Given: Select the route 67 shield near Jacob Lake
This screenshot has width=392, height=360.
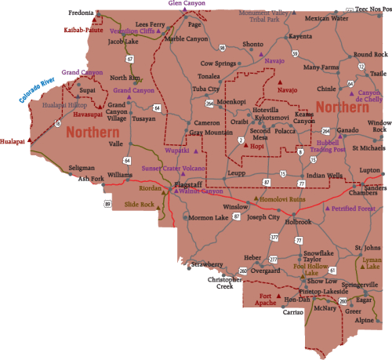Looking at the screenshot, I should tap(129, 59).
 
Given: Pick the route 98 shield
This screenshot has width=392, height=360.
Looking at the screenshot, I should tap(223, 48).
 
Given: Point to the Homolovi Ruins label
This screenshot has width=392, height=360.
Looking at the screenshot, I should tap(281, 199).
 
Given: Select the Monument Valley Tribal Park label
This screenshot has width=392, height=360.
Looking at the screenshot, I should tap(263, 16).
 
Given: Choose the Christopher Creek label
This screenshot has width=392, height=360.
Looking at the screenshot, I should tap(225, 282).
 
